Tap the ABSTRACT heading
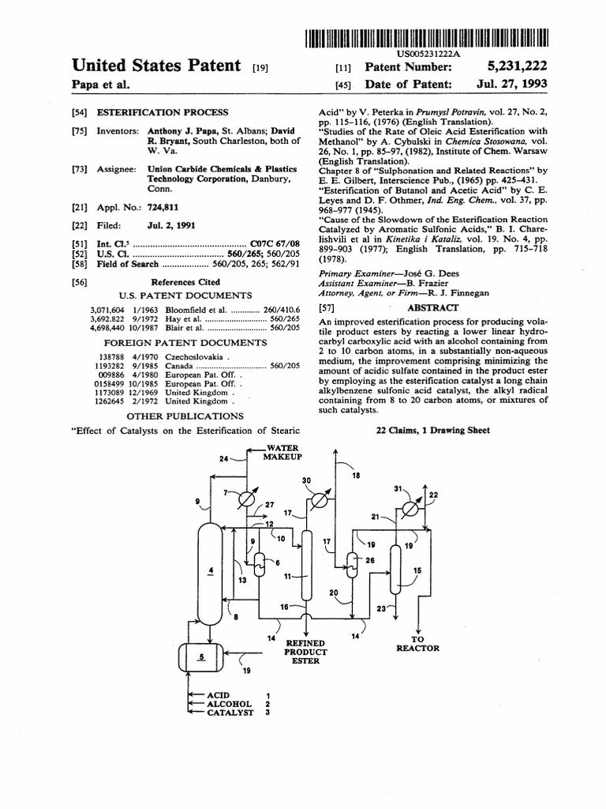(431, 307)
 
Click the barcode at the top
(425, 36)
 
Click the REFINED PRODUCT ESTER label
(305, 653)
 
